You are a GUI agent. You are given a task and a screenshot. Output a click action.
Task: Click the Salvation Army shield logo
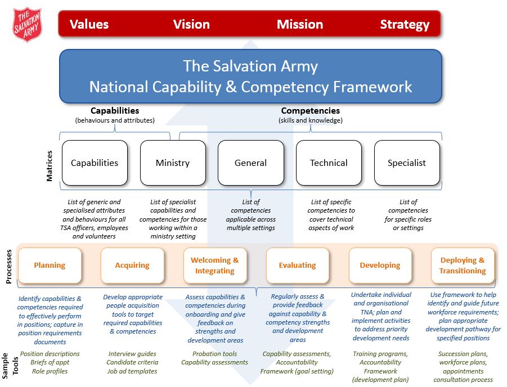pyautogui.click(x=28, y=25)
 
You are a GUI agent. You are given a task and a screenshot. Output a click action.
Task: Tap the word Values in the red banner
pyautogui.click(x=89, y=24)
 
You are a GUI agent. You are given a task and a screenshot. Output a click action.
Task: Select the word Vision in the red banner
pyautogui.click(x=191, y=24)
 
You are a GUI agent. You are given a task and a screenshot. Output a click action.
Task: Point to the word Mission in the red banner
pyautogui.click(x=300, y=24)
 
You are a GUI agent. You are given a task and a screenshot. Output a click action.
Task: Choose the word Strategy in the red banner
pyautogui.click(x=405, y=25)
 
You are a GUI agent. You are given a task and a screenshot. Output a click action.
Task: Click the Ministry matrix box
pyautogui.click(x=173, y=163)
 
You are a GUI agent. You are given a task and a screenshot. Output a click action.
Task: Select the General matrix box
pyautogui.click(x=251, y=163)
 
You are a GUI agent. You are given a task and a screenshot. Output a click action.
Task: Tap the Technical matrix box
pyautogui.click(x=329, y=163)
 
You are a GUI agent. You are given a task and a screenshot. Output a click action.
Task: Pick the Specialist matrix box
pyautogui.click(x=407, y=163)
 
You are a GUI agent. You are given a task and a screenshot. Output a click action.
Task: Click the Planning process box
pyautogui.click(x=50, y=265)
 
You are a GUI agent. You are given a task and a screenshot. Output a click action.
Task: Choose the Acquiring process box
pyautogui.click(x=132, y=265)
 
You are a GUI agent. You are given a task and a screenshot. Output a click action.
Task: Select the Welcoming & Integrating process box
pyautogui.click(x=215, y=265)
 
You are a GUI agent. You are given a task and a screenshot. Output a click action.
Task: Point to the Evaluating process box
pyautogui.click(x=298, y=265)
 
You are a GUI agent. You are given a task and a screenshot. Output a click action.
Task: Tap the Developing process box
pyautogui.click(x=380, y=265)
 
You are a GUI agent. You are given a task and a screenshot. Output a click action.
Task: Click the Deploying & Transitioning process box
pyautogui.click(x=463, y=265)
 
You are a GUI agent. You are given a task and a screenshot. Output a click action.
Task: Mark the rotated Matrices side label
pyautogui.click(x=49, y=166)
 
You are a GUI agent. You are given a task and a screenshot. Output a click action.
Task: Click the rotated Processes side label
pyautogui.click(x=9, y=267)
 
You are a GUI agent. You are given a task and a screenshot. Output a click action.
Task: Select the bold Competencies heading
pyautogui.click(x=311, y=111)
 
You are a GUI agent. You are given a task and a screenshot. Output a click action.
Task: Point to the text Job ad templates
pyautogui.click(x=132, y=371)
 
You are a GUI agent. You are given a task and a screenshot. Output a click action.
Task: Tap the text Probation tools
pyautogui.click(x=215, y=354)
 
